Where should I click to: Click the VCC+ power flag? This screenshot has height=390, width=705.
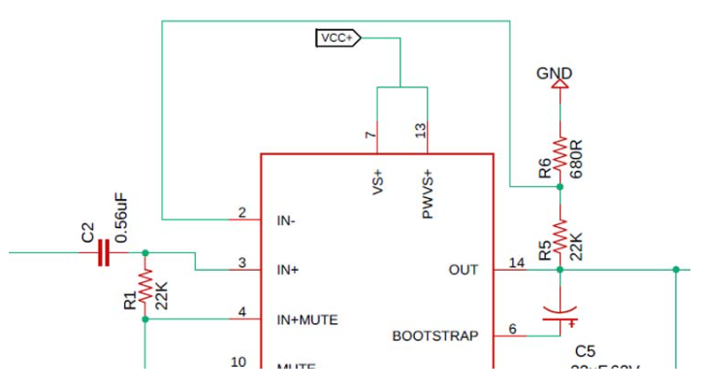[x=337, y=38]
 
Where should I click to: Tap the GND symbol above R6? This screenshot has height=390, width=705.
[x=558, y=82]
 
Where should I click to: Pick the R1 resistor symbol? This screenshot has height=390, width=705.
[x=145, y=285]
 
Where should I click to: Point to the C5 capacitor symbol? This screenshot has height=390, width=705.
[x=560, y=313]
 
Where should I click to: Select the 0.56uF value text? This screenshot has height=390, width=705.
[x=122, y=218]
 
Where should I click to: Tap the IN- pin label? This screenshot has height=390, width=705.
[x=286, y=220]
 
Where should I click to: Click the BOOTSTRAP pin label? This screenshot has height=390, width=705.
[x=434, y=337]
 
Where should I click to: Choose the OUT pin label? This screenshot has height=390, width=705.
[x=464, y=270]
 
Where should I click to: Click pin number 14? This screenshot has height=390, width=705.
[x=515, y=262]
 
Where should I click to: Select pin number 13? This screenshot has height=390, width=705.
[x=420, y=131]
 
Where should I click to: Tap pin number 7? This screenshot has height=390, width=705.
[x=370, y=135]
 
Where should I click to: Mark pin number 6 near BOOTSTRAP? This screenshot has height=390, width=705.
[x=512, y=329]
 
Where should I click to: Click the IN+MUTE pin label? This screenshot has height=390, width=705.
[x=307, y=319]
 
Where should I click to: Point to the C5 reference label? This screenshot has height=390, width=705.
[x=585, y=350]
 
